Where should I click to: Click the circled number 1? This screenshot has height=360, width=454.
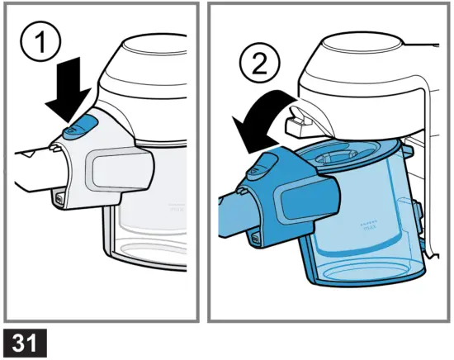coord(40,40)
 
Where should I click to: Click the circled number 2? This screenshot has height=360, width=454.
coord(260,64)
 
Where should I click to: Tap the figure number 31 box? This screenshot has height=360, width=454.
coord(26,343)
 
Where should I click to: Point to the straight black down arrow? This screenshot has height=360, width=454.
coord(69,91)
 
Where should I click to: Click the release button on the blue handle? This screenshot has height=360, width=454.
coord(261,167)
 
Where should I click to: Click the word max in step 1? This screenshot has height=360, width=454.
coord(177,209)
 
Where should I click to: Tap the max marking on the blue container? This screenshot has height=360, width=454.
coord(370,227)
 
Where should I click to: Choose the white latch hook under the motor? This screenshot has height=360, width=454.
coord(299,122)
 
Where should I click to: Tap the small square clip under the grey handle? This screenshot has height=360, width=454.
coord(59,200)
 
